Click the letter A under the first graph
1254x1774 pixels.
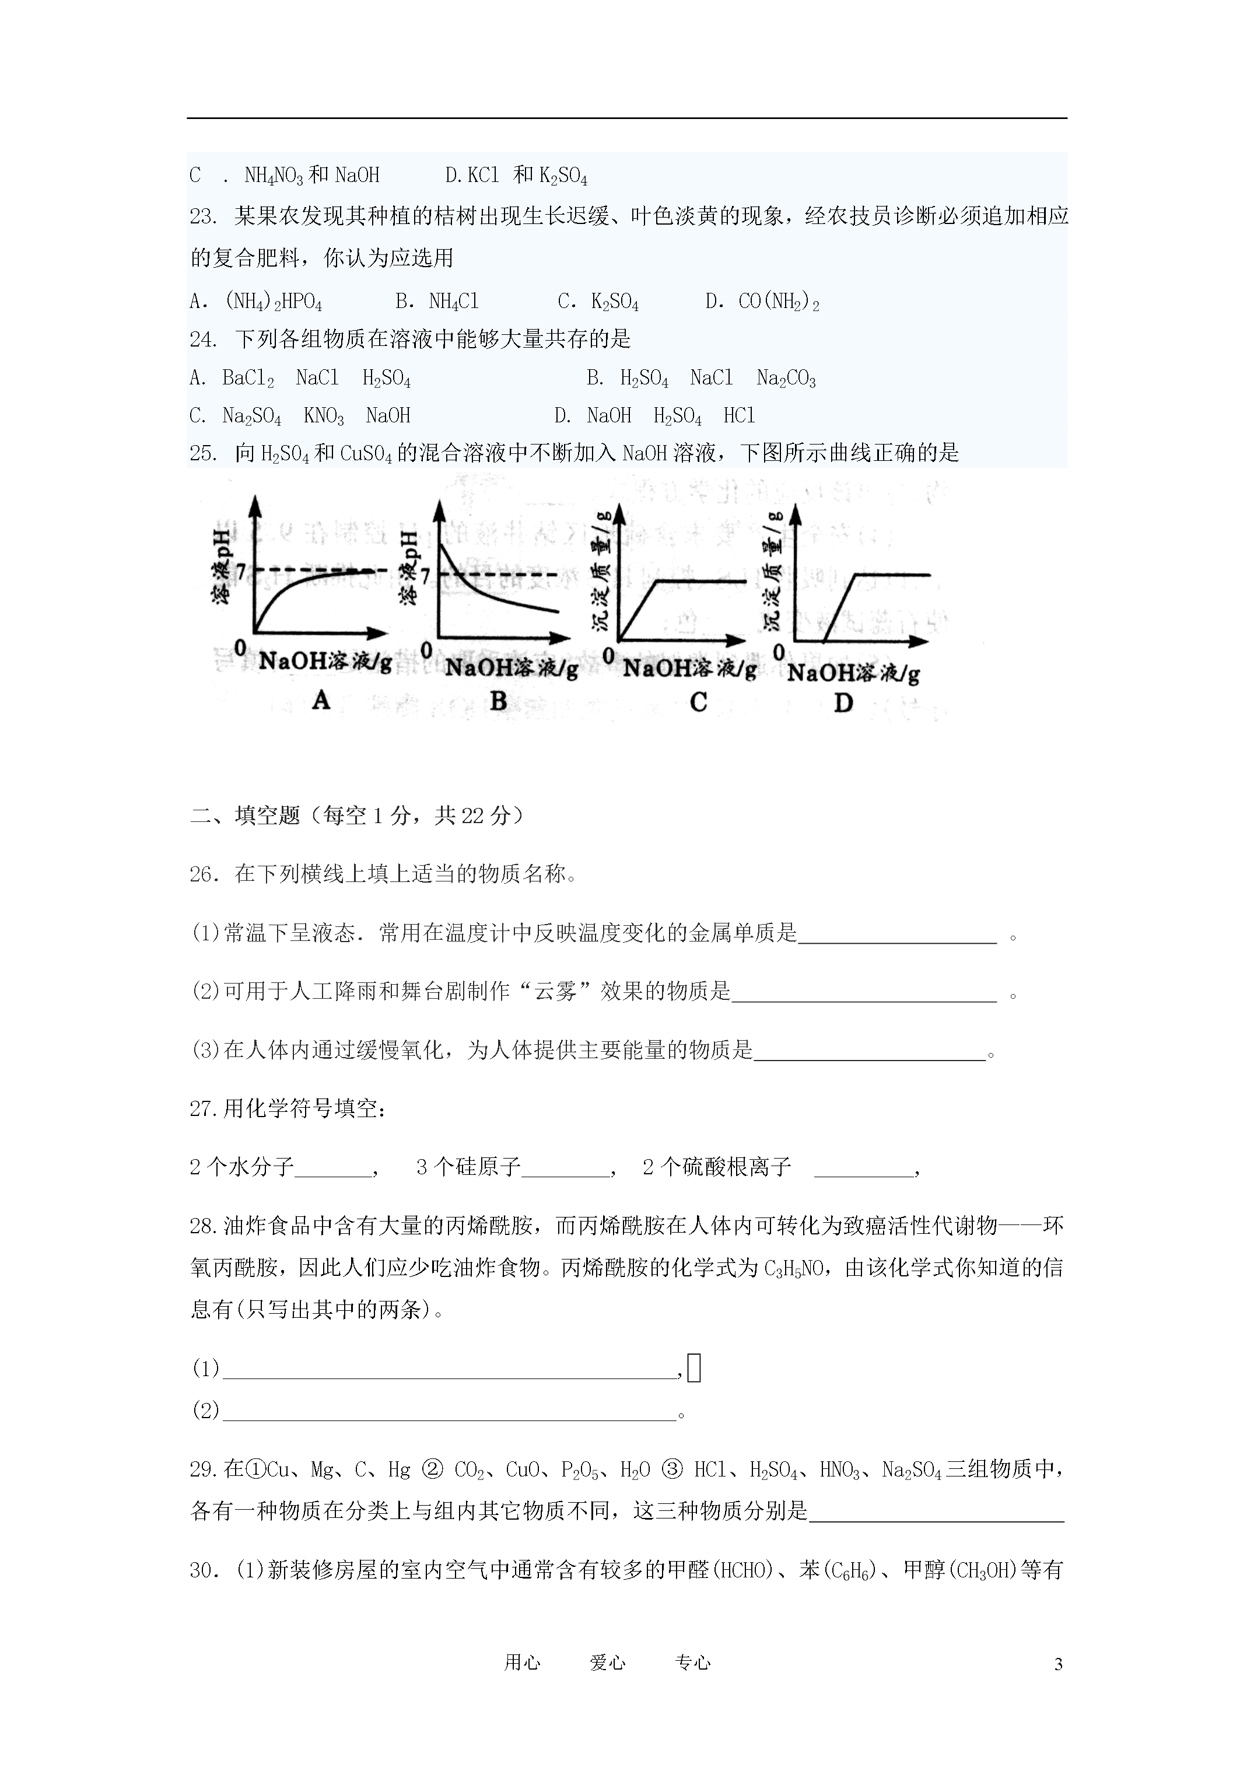(x=321, y=700)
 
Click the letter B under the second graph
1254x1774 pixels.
(x=498, y=701)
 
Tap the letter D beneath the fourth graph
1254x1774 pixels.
(x=844, y=702)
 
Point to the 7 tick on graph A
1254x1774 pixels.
(x=240, y=571)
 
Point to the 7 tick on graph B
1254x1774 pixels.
(x=425, y=576)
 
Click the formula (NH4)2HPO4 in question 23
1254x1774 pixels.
(x=274, y=302)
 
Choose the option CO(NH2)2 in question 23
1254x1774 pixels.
(x=779, y=302)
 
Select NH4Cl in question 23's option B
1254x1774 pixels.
(x=454, y=302)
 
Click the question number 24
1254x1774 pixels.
(x=202, y=339)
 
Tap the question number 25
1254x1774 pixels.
(x=202, y=453)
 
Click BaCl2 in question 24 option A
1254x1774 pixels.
(x=248, y=378)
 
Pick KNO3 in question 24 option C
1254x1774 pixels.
(x=324, y=417)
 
